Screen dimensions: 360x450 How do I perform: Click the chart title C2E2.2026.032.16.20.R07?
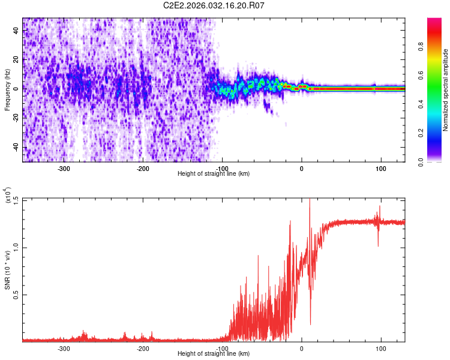(x=214, y=5)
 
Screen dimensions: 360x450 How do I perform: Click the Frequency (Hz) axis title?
(x=8, y=89)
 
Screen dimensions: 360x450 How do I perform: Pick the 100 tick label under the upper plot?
(x=380, y=169)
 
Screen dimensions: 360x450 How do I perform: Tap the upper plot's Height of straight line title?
(x=214, y=173)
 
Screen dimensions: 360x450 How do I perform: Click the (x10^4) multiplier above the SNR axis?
(x=8, y=195)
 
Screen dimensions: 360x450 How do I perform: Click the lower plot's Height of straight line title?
(x=214, y=354)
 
